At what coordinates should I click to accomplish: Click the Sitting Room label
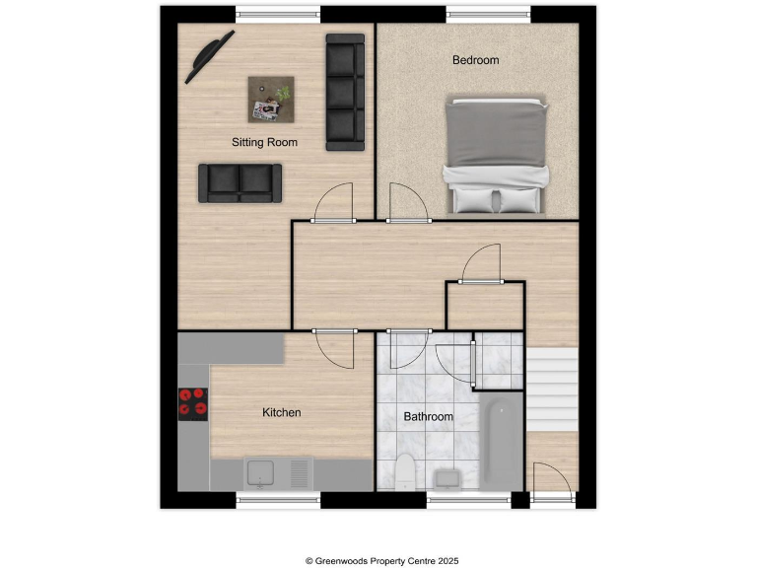pyautogui.click(x=264, y=142)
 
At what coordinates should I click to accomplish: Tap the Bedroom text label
pyautogui.click(x=475, y=60)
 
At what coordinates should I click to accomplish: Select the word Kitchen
pyautogui.click(x=281, y=412)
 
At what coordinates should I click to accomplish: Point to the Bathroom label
pyautogui.click(x=429, y=417)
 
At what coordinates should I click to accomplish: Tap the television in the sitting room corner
pyautogui.click(x=209, y=56)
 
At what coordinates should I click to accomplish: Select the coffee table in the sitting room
pyautogui.click(x=271, y=98)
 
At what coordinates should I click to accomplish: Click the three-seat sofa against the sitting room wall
pyautogui.click(x=345, y=93)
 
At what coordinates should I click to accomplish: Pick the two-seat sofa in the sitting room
pyautogui.click(x=241, y=182)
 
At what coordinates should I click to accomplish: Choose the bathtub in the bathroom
pyautogui.click(x=499, y=441)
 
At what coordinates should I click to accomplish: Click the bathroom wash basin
pyautogui.click(x=448, y=479)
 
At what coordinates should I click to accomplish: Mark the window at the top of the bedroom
pyautogui.click(x=488, y=15)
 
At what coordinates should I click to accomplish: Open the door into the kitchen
pyautogui.click(x=333, y=347)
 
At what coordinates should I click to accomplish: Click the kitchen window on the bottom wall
pyautogui.click(x=279, y=501)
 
